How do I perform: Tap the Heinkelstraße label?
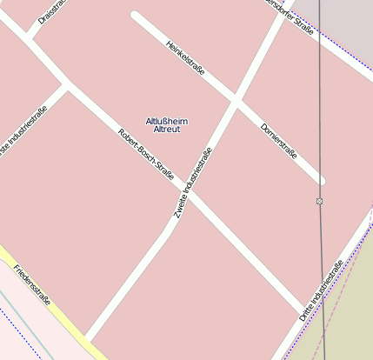(185, 57)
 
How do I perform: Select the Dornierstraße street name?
(279, 140)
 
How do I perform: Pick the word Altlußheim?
(167, 121)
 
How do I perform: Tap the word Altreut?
(167, 130)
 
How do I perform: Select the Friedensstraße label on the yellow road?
(32, 285)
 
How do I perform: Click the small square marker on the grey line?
(320, 201)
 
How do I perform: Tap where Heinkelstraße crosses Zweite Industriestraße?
(236, 102)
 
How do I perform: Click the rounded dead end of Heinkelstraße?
(135, 16)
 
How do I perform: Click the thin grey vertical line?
(321, 104)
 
